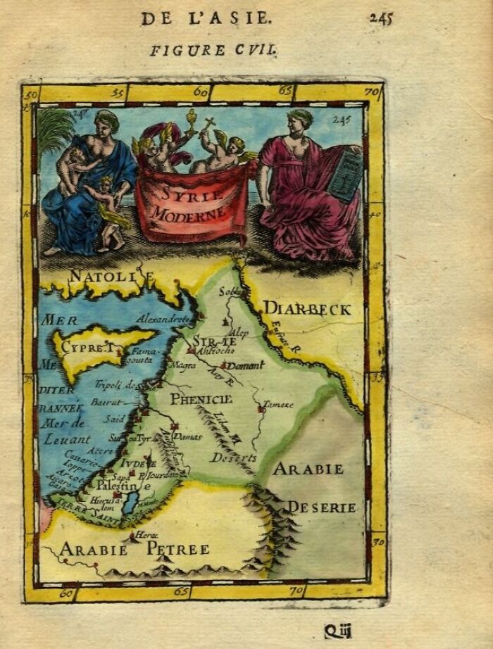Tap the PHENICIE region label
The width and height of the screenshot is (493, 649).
(201, 398)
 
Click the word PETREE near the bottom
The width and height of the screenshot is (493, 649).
(177, 549)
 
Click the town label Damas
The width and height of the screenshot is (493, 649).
(189, 436)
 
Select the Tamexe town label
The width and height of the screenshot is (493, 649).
(278, 405)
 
